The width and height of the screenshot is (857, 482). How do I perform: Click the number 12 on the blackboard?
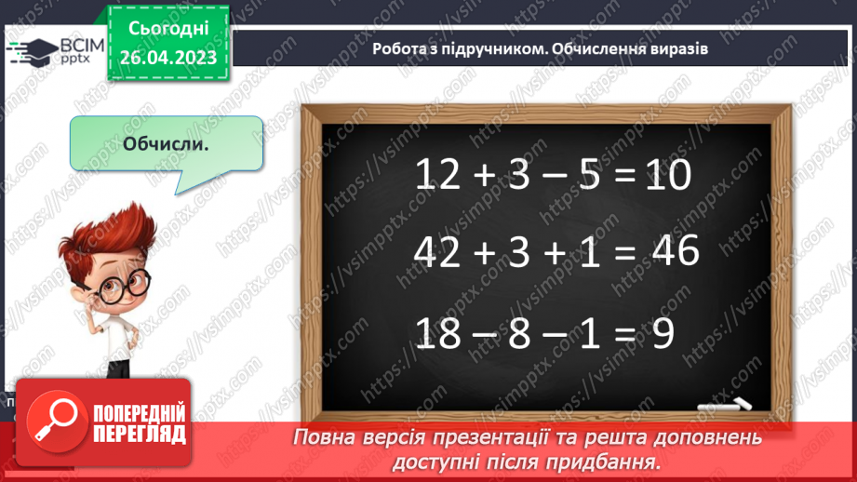point(437,175)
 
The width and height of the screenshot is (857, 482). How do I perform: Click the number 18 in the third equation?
point(437,332)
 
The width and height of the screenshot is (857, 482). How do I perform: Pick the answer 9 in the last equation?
point(663,332)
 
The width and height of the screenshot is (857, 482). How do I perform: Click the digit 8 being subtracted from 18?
point(518,332)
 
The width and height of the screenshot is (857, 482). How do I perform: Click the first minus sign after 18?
point(478,333)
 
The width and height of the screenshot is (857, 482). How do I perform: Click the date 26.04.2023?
point(168,58)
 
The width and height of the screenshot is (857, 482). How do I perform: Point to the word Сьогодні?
point(168,30)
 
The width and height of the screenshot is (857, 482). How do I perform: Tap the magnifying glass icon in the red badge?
point(52,420)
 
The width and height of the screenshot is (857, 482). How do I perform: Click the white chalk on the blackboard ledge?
point(727,407)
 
